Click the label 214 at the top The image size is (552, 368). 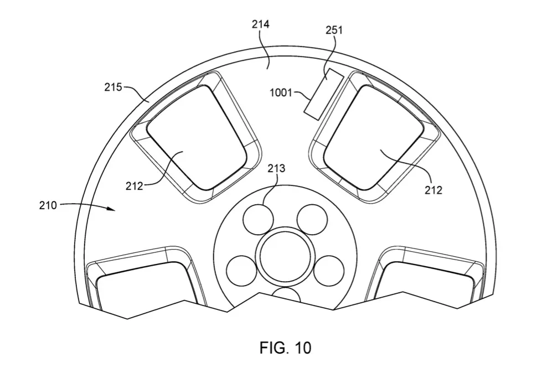261,24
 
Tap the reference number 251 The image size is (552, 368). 334,30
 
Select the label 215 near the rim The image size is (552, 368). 113,87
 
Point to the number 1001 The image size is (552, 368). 281,93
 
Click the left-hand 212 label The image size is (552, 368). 135,186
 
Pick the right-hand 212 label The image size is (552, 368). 433,190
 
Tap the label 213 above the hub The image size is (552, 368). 276,169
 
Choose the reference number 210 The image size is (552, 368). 48,205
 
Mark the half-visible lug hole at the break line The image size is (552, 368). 286,295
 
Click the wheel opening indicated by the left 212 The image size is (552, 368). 196,137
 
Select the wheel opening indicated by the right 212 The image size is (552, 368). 373,137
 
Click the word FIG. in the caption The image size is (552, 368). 272,348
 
